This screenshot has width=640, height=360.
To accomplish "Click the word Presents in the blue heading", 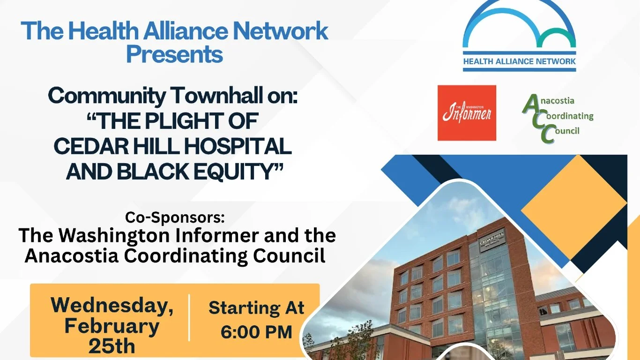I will click(x=174, y=54).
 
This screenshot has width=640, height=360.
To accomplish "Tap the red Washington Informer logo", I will click(x=467, y=113).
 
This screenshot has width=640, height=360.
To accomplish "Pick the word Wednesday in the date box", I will click(x=112, y=306).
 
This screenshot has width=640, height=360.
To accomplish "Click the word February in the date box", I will click(x=112, y=326).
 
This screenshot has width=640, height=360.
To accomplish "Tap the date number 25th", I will click(x=112, y=346).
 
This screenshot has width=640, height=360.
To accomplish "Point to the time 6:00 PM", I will click(x=256, y=332).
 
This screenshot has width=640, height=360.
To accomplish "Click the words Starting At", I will click(x=256, y=308).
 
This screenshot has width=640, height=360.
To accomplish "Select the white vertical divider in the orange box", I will click(x=189, y=318).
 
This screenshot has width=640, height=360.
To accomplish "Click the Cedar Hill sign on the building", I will click(x=492, y=238).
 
